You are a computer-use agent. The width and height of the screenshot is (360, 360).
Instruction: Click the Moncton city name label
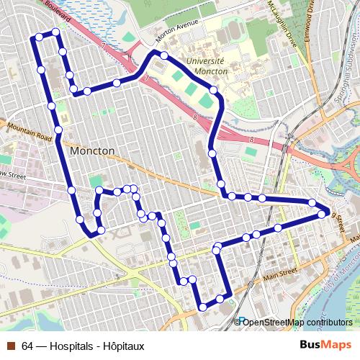[x=93, y=152]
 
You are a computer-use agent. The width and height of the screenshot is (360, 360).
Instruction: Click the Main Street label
[x=280, y=274]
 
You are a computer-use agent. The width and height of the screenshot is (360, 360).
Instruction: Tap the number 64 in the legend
[x=27, y=346]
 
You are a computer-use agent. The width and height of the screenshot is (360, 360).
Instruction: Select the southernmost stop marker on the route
[x=202, y=307]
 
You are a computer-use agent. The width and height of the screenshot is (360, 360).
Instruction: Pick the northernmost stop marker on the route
[x=55, y=32]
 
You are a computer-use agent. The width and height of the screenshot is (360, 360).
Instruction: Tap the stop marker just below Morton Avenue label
[x=164, y=55]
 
